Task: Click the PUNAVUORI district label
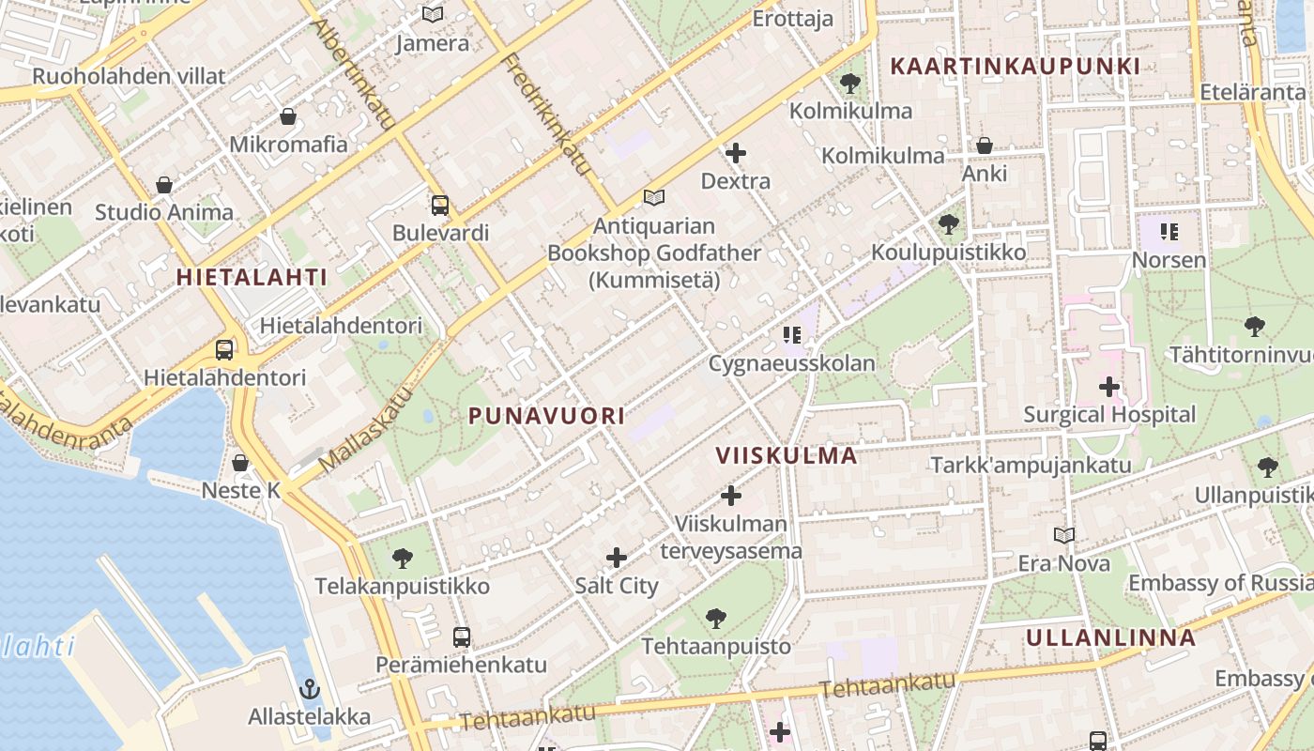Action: coord(546,416)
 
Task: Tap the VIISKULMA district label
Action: coord(787,456)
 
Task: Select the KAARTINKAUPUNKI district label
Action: coord(1015,67)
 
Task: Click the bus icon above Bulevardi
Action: coord(439,206)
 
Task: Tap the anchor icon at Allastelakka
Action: coord(309,690)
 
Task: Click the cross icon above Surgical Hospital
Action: coord(1108,387)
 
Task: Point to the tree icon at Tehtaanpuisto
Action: coord(716,619)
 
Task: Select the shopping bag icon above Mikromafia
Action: coord(288,116)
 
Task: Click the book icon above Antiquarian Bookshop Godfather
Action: coord(654,198)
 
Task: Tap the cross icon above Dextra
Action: coord(736,153)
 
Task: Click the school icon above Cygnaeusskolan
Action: coord(792,335)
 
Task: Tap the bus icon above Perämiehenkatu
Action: coord(461,637)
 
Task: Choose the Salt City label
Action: coord(617,586)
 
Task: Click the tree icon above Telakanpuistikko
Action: coord(403,559)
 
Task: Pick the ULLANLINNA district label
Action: coord(1110,638)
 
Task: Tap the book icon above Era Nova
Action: coord(1063,536)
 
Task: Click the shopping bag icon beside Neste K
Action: coord(240,463)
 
